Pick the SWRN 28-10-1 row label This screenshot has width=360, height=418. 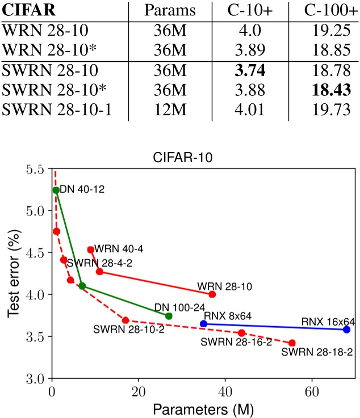[x=56, y=109]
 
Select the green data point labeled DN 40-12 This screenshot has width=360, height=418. [x=56, y=190]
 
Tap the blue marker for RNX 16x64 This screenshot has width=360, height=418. [x=347, y=330]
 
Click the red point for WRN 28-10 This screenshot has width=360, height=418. [x=212, y=294]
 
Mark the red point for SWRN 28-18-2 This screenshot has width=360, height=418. [x=292, y=343]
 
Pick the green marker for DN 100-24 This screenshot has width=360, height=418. [x=168, y=316]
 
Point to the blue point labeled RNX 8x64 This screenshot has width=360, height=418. [x=203, y=323]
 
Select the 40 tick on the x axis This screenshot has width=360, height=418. [x=225, y=391]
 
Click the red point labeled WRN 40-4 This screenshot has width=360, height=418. [x=90, y=250]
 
